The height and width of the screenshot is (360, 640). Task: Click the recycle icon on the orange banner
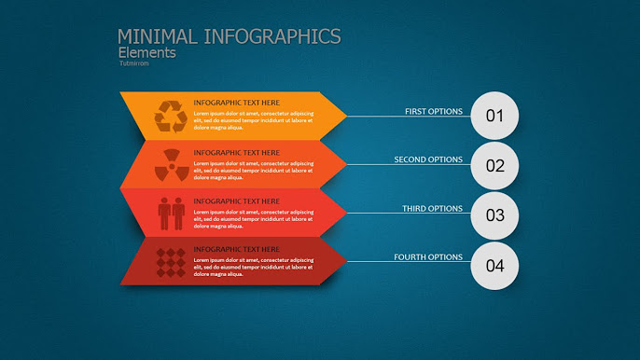click(170, 116)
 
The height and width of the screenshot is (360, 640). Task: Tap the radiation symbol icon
click(170, 165)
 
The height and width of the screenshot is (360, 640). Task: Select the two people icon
click(170, 214)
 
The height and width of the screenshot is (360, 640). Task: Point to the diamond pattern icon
click(170, 261)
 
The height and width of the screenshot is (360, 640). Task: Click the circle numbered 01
click(494, 117)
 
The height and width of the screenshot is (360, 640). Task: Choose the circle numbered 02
click(494, 166)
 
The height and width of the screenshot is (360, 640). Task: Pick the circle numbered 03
click(494, 215)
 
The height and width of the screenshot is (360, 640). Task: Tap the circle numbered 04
click(494, 265)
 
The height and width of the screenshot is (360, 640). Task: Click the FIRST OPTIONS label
click(433, 112)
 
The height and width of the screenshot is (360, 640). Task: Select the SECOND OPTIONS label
click(428, 159)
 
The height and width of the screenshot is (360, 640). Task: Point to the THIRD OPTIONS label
click(432, 209)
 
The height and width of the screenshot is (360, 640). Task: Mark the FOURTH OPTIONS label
click(428, 257)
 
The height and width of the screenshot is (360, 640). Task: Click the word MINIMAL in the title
click(157, 36)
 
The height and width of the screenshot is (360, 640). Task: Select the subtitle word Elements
click(146, 53)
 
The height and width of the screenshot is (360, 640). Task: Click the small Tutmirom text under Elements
click(132, 63)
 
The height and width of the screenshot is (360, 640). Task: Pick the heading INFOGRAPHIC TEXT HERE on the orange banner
click(236, 103)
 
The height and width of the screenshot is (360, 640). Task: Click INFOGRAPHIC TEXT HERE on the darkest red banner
click(236, 249)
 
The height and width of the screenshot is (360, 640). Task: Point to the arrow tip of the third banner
click(342, 214)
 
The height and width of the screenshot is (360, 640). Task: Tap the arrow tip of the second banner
click(342, 165)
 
